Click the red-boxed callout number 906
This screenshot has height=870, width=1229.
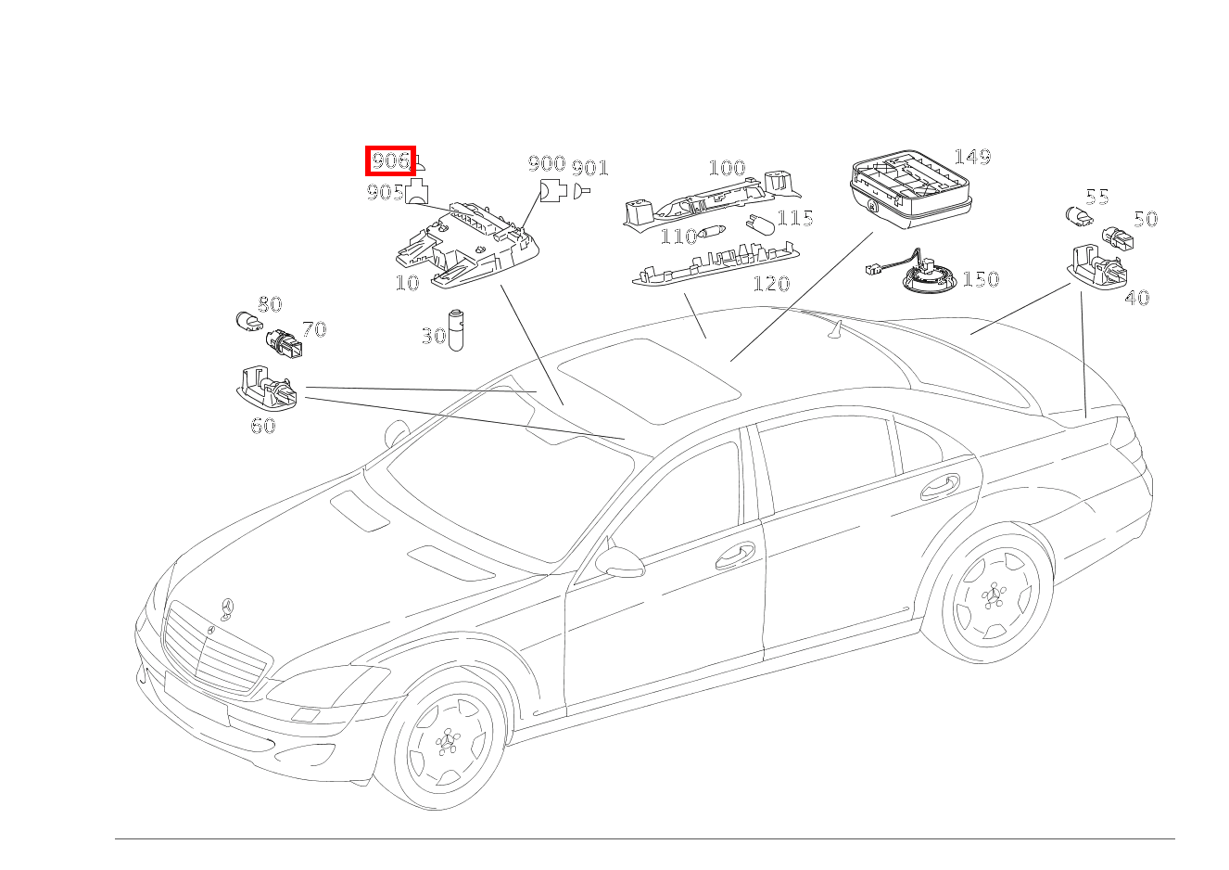click(390, 161)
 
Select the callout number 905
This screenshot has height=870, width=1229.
click(384, 192)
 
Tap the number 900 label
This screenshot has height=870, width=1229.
click(547, 164)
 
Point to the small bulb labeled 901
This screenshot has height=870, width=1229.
click(582, 192)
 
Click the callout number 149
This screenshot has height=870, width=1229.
click(971, 156)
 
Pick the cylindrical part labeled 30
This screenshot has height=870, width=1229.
click(456, 328)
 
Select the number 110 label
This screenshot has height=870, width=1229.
click(678, 237)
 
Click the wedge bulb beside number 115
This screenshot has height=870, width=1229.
click(759, 224)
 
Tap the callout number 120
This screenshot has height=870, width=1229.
click(771, 283)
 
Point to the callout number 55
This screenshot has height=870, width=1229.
click(1097, 197)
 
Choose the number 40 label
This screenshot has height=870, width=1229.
click(1136, 298)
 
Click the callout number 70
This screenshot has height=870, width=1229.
click(314, 329)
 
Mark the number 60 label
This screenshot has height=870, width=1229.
click(263, 427)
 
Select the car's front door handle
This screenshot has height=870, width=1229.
click(736, 554)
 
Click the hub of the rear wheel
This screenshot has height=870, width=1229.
click(996, 595)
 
